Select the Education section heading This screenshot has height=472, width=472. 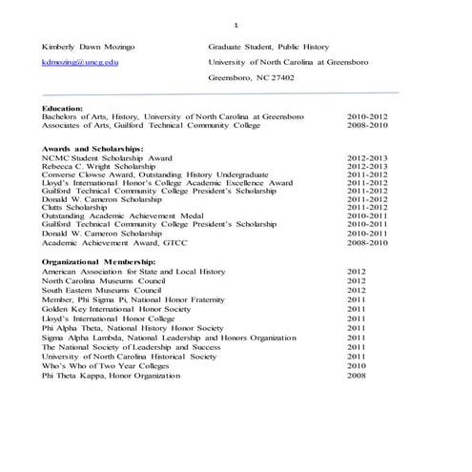(x=63, y=108)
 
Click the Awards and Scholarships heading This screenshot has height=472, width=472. (x=92, y=149)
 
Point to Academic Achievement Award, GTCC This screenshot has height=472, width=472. (x=108, y=243)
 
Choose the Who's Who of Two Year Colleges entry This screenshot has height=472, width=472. (x=103, y=365)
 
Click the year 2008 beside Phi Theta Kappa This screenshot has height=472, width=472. (x=357, y=375)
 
